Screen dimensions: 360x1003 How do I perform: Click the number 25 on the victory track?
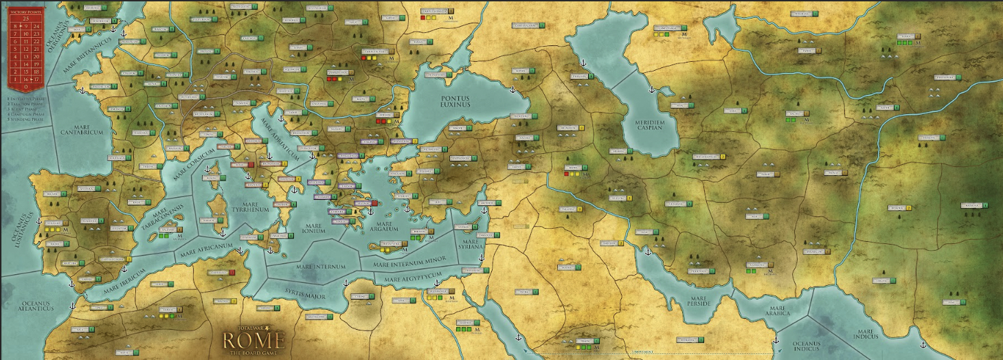(x=25, y=18)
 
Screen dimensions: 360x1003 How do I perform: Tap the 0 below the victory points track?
(x=25, y=87)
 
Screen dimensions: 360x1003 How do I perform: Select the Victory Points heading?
(x=25, y=12)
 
